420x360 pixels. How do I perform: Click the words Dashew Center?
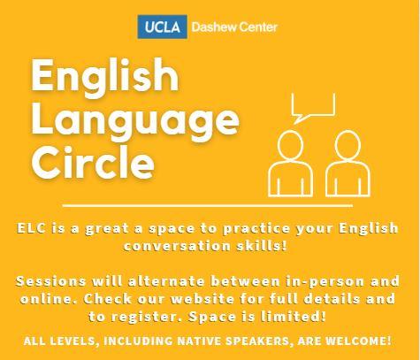(233, 27)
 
